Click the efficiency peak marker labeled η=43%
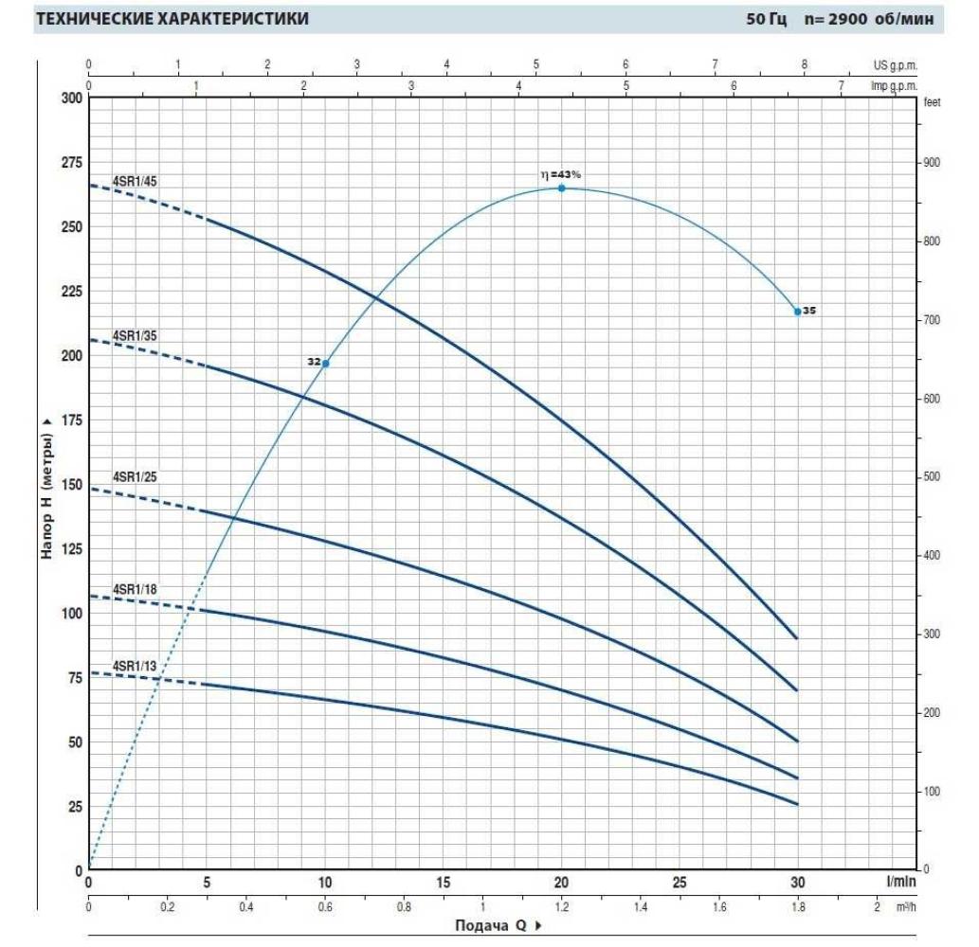tap(561, 188)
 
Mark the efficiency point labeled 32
tap(326, 364)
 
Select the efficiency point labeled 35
tap(797, 312)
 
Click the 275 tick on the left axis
tap(70, 163)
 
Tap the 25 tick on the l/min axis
tap(679, 883)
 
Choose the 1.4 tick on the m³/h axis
tap(640, 906)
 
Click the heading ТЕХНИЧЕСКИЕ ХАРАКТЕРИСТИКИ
tap(172, 19)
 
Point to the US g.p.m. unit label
tap(896, 65)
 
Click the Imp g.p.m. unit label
tap(894, 84)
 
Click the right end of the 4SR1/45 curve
tap(796, 638)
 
